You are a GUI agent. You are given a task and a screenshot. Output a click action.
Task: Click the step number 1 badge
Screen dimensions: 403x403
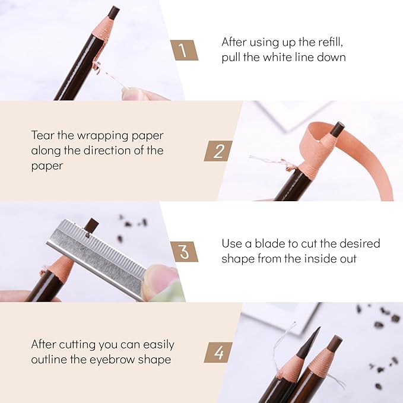(186, 50)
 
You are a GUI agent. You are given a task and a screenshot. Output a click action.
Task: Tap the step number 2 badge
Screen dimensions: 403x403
(218, 151)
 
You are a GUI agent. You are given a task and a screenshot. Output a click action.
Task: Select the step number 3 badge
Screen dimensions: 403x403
(185, 252)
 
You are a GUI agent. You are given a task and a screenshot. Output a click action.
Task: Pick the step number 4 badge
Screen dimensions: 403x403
(218, 353)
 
